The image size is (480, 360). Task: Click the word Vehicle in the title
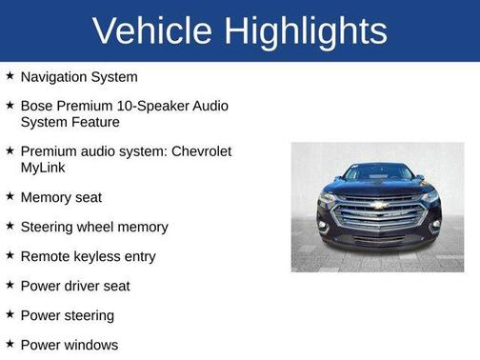click(152, 31)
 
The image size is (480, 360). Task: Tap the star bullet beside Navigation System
click(10, 76)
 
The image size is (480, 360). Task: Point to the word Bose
click(37, 106)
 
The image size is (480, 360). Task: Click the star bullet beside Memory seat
click(10, 197)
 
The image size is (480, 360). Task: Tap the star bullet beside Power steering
click(10, 315)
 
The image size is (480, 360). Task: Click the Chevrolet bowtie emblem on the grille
click(378, 205)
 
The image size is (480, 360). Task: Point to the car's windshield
click(377, 172)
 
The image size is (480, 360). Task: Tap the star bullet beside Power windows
click(10, 345)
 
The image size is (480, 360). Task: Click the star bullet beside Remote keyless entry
click(10, 256)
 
